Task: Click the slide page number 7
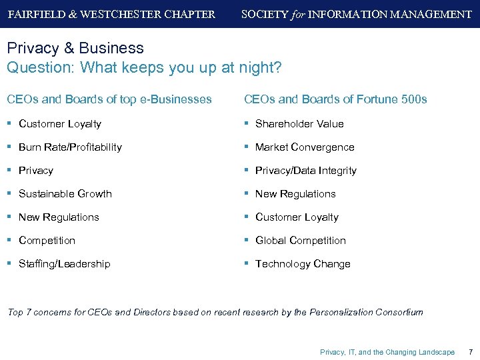point(471,352)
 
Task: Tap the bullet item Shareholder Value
point(299,123)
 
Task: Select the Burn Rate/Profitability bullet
point(70,147)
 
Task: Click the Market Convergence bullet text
point(305,147)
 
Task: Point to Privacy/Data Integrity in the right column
point(305,171)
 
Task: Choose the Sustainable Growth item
point(65,194)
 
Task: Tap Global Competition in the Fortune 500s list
point(300,241)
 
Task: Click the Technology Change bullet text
point(303,264)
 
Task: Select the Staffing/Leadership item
point(64,264)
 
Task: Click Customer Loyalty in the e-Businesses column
point(60,123)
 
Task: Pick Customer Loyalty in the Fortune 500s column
point(297,217)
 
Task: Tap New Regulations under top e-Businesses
point(59,217)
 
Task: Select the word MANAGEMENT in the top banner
point(433,14)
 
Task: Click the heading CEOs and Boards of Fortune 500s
point(335,99)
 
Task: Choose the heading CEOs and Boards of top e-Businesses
point(109,99)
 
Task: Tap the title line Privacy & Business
point(75,48)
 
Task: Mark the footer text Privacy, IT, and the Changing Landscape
point(387,352)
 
